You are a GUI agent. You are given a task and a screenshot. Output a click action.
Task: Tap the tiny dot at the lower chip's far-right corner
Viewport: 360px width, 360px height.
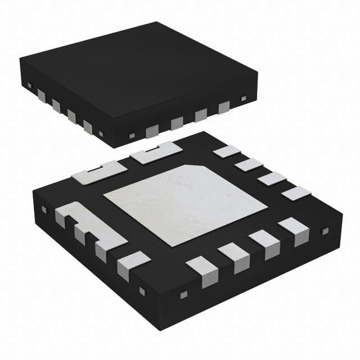coord(323,231)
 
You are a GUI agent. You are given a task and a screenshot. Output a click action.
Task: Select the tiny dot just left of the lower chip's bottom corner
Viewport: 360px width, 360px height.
coord(142,290)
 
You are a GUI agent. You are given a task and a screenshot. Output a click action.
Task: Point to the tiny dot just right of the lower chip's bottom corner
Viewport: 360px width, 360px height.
coord(182,294)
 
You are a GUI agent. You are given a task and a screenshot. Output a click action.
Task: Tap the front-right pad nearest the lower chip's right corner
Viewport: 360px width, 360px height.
coord(292,231)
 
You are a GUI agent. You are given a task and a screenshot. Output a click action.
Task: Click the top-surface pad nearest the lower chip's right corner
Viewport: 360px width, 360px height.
coord(296,193)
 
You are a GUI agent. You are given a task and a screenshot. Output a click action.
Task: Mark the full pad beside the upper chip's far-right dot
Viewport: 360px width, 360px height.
coord(224,106)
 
